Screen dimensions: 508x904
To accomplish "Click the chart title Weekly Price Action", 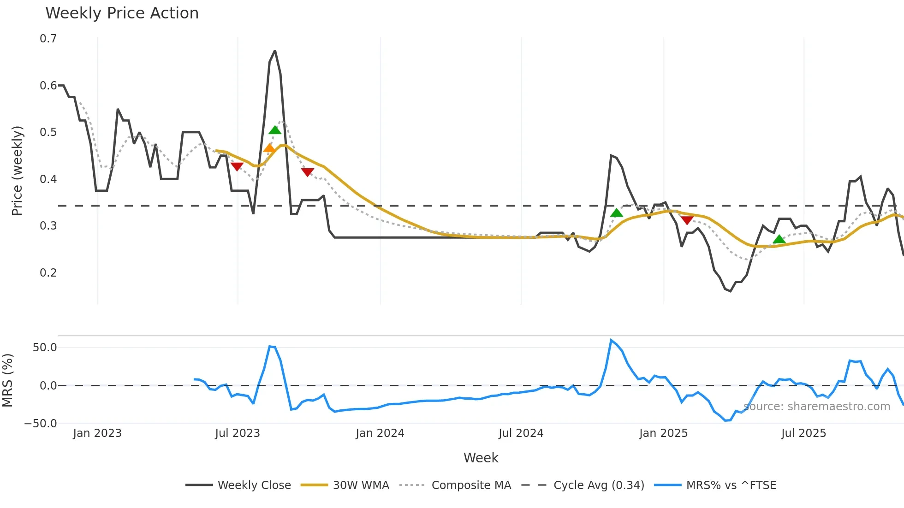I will (122, 13).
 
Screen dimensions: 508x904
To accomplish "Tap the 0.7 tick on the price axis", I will (48, 39).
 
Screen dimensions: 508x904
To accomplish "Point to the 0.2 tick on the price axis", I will (48, 273).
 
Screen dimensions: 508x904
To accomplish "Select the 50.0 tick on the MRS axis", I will (45, 348).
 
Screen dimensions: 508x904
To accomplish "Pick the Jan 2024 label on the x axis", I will (380, 433).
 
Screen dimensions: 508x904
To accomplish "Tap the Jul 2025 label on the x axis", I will (803, 433).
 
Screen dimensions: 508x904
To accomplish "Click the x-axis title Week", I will (481, 458).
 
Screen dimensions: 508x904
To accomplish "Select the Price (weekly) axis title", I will (17, 171).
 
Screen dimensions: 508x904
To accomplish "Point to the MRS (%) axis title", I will (7, 380).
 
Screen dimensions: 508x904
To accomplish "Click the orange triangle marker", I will (269, 148).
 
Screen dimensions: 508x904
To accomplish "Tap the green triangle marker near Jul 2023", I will (275, 130).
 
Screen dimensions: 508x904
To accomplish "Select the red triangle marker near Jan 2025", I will (687, 220).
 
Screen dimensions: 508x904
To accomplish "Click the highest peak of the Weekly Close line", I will (275, 51).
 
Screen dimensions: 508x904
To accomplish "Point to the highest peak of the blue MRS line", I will (611, 340).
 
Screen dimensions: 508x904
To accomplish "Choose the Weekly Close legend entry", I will (238, 485).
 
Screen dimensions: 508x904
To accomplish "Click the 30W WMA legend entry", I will (345, 485).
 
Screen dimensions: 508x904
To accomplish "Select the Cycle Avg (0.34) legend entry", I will (583, 485).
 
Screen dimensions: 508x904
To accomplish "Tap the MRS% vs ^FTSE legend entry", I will (715, 485).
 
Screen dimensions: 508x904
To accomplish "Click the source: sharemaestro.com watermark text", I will (817, 407).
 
